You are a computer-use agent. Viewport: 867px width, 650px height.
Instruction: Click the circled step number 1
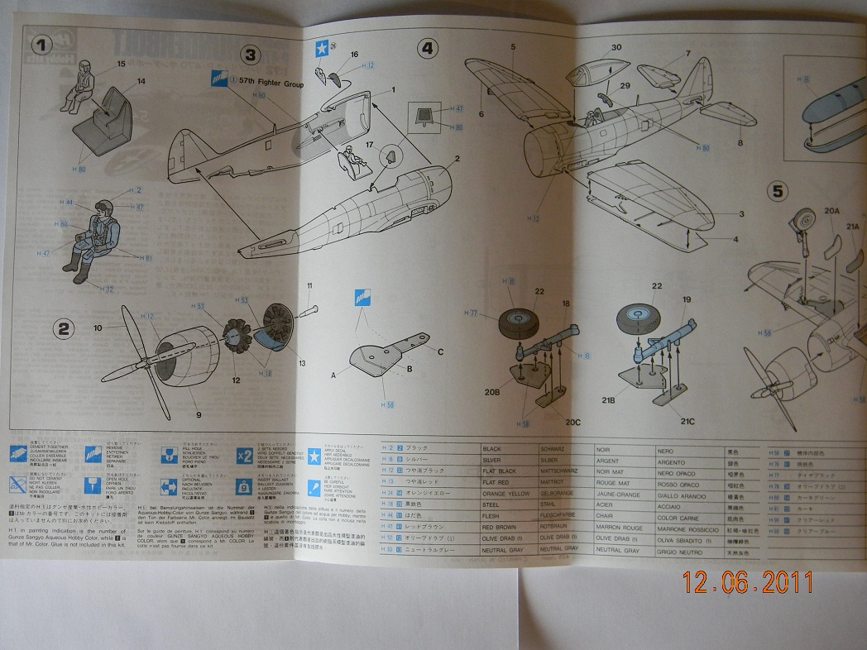pyautogui.click(x=41, y=43)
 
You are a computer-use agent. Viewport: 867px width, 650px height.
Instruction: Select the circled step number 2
pyautogui.click(x=64, y=329)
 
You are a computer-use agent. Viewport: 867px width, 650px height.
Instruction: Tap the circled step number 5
pyautogui.click(x=778, y=192)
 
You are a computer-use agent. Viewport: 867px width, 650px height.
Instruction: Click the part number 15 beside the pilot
pyautogui.click(x=121, y=64)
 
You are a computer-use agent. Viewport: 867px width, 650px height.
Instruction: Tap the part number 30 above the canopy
pyautogui.click(x=616, y=47)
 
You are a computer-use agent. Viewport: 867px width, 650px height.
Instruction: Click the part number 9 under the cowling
pyautogui.click(x=199, y=414)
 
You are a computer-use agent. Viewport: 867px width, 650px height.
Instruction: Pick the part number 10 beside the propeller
pyautogui.click(x=98, y=328)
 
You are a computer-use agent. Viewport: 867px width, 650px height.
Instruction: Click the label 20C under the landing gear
pyautogui.click(x=572, y=423)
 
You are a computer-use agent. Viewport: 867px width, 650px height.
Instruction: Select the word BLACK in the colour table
pyautogui.click(x=492, y=448)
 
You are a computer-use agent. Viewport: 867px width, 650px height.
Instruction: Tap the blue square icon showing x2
pyautogui.click(x=244, y=456)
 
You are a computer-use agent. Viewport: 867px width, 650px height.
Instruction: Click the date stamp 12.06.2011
pyautogui.click(x=749, y=584)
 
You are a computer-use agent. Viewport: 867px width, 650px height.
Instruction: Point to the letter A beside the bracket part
pyautogui.click(x=334, y=374)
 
